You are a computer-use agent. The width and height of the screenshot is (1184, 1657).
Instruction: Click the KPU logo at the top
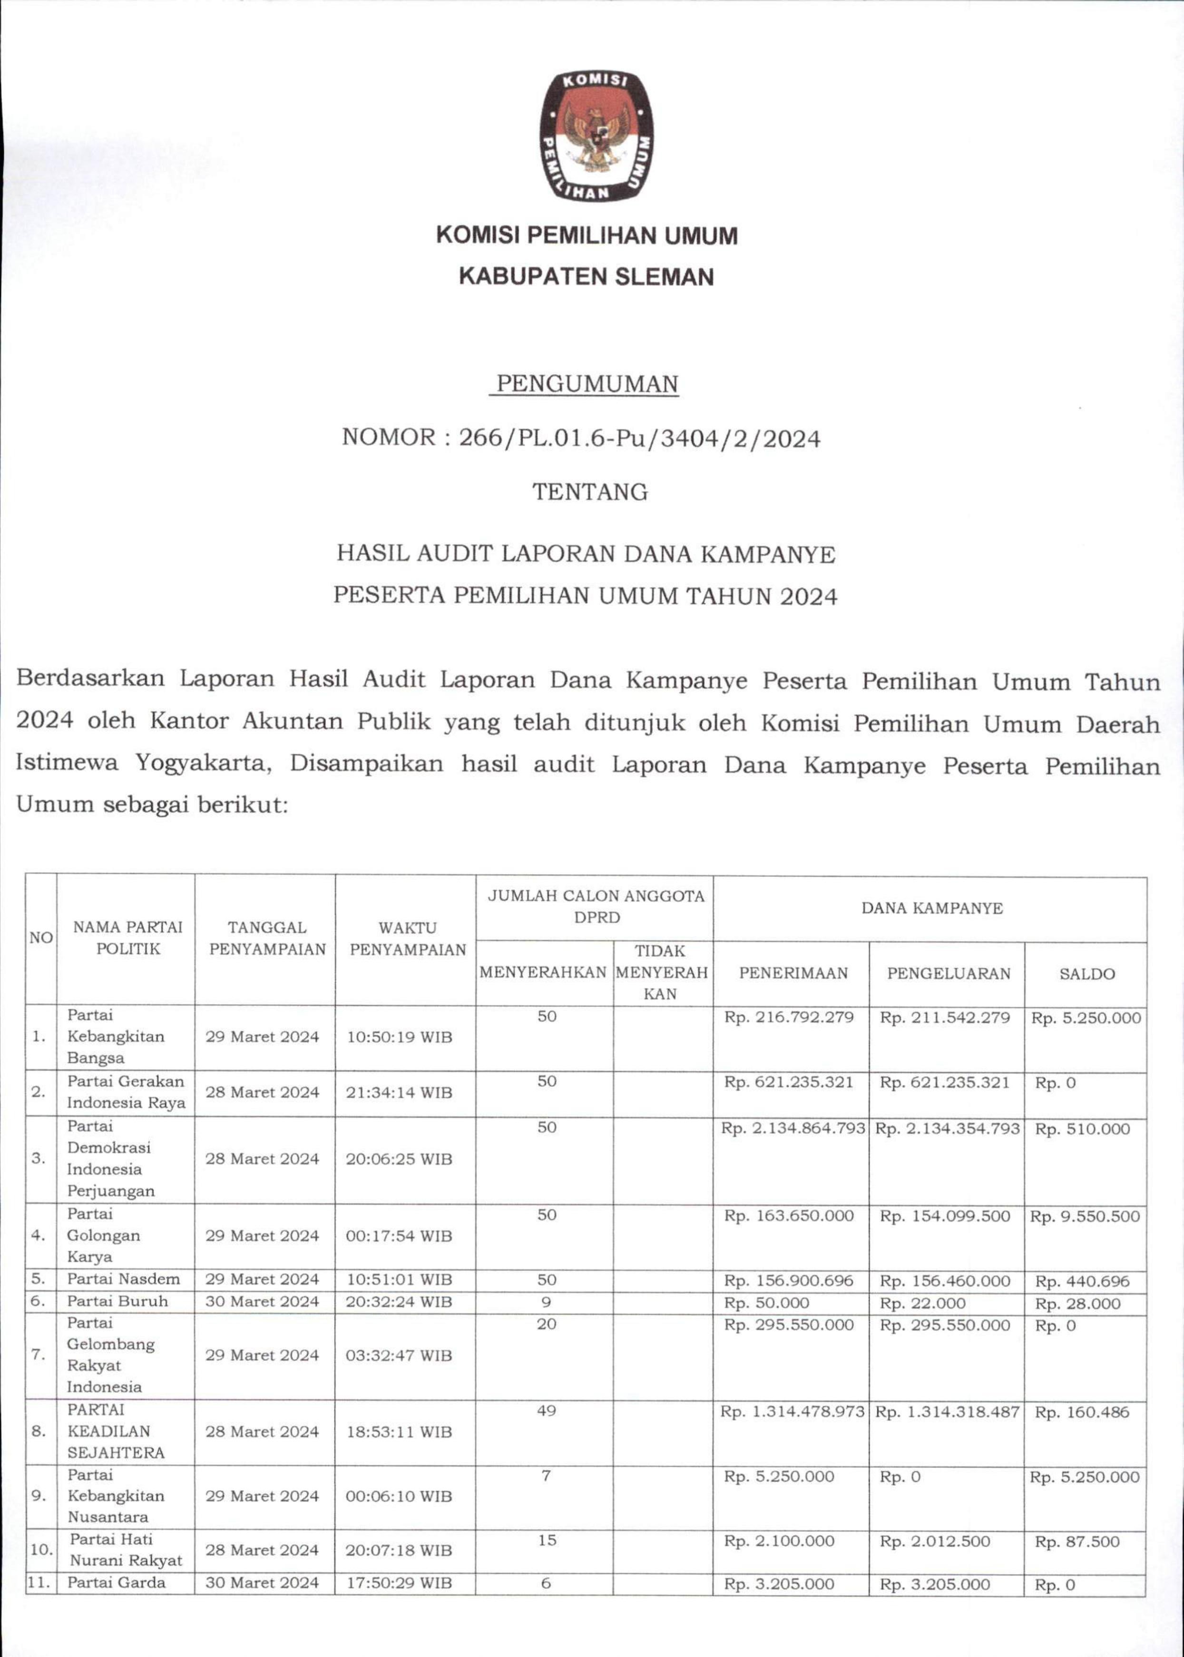pos(596,137)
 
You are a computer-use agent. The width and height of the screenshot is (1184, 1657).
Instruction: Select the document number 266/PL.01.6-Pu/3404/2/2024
pos(639,439)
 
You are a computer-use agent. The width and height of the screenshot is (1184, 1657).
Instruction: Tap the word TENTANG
pos(590,492)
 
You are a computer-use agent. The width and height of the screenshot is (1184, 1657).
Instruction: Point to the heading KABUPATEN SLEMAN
pos(586,277)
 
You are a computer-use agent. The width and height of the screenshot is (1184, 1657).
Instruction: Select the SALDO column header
pos(1087,974)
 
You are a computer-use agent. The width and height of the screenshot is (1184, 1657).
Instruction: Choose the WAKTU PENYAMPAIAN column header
pos(408,938)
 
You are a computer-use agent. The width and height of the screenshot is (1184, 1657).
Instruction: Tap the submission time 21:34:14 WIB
pos(399,1092)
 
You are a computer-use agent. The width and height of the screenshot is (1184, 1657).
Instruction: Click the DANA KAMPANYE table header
pos(932,908)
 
